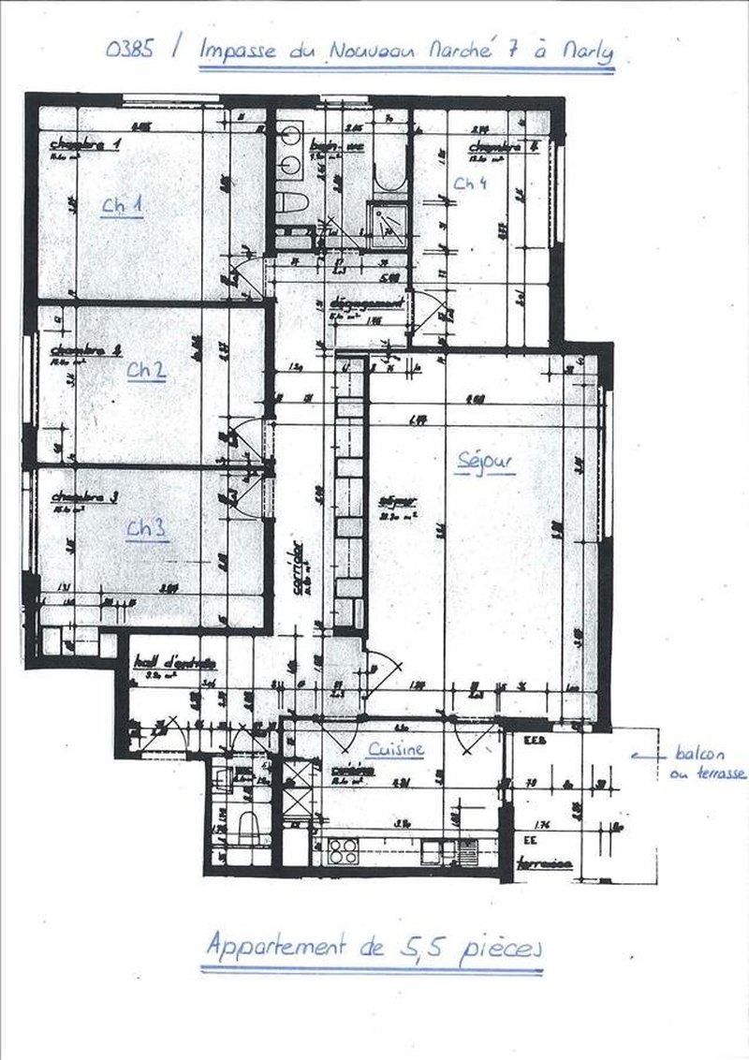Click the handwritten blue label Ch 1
click(x=123, y=206)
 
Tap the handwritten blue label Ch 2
click(x=147, y=370)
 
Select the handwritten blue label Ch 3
click(x=147, y=529)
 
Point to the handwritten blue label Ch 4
click(x=469, y=184)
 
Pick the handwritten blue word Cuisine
click(x=396, y=749)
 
